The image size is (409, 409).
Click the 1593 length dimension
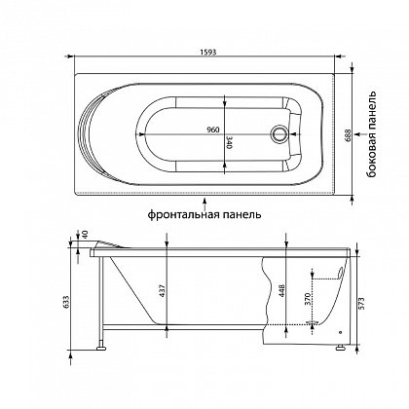(x=208, y=52)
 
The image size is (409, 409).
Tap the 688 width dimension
(x=348, y=136)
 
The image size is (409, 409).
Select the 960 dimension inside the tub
(x=213, y=130)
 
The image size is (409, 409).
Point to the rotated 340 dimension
(x=229, y=143)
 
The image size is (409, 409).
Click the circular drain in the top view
(x=279, y=133)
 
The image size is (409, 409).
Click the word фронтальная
(x=180, y=214)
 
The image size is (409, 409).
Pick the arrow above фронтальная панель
(x=204, y=204)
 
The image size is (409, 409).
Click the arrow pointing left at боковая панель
(x=359, y=133)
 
